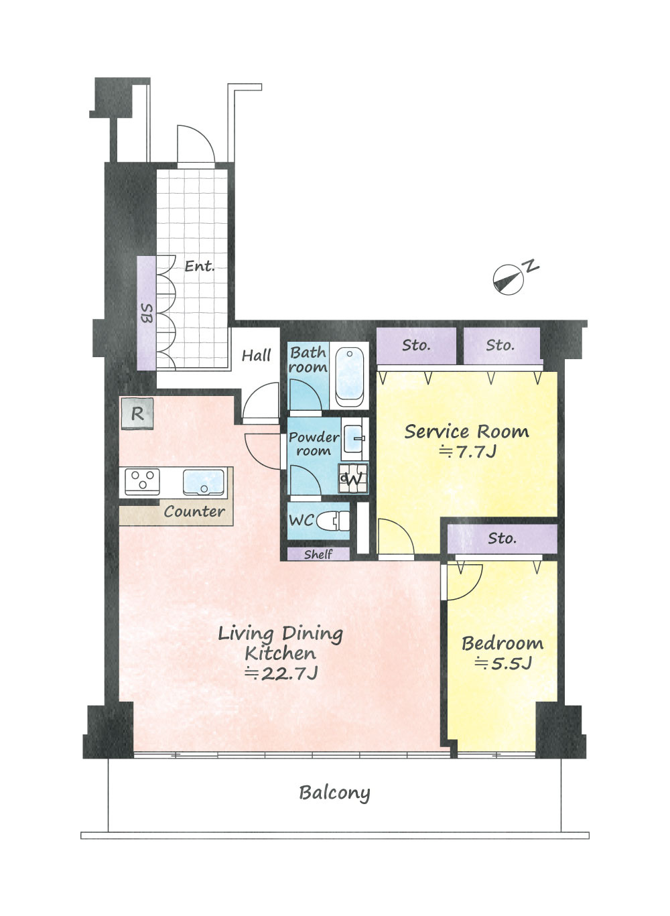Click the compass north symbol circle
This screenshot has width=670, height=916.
coord(508,279)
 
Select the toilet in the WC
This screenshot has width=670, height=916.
coord(333,521)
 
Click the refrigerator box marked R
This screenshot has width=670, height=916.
coord(137,413)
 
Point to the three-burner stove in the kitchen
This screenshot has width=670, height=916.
coord(142,482)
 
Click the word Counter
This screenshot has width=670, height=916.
coord(194,511)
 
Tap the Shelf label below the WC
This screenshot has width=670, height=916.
coord(318,555)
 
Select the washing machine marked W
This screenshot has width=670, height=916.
coord(353,478)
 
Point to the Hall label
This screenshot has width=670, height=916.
coord(257,355)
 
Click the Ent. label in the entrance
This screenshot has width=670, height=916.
coord(200,266)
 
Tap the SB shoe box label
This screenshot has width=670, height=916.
coord(146,314)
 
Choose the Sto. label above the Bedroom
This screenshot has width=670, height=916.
coord(503,538)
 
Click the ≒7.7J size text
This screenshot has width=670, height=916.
coord(468,451)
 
